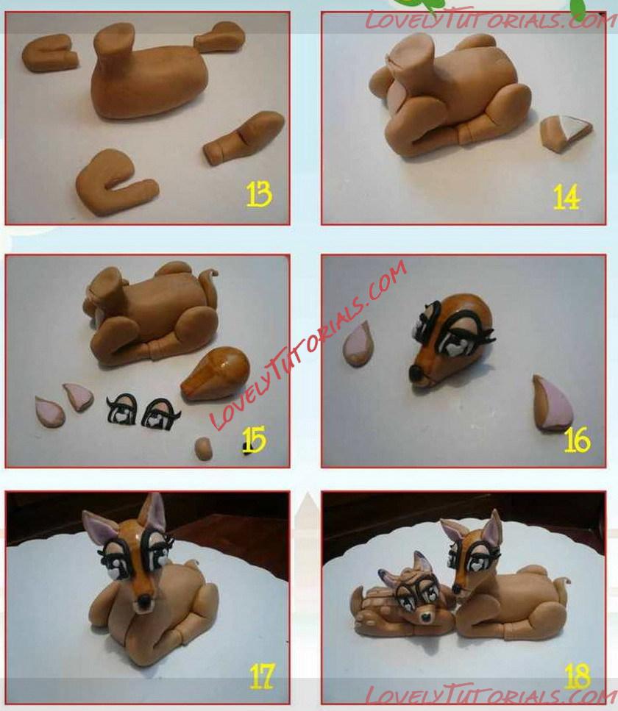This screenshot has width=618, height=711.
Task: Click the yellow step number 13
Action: pyautogui.click(x=259, y=195)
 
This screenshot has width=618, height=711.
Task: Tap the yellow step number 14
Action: pyautogui.click(x=566, y=197)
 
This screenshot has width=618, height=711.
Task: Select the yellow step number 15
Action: pyautogui.click(x=254, y=440)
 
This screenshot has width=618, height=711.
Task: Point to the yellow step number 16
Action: pyautogui.click(x=577, y=440)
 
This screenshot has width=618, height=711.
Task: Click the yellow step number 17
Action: pyautogui.click(x=262, y=676)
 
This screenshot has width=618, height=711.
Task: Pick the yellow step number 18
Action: pyautogui.click(x=577, y=676)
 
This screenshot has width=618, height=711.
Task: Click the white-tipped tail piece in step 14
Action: pyautogui.click(x=566, y=132)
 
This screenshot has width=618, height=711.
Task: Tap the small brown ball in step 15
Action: pyautogui.click(x=203, y=449)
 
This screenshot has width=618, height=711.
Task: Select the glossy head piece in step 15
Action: pyautogui.click(x=216, y=374)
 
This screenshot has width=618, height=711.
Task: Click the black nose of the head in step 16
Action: pyautogui.click(x=416, y=374)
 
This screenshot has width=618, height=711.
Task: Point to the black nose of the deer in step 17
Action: pyautogui.click(x=144, y=601)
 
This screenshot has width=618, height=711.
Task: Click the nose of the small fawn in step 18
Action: pyautogui.click(x=426, y=617)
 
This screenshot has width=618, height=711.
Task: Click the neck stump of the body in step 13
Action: pyautogui.click(x=113, y=46)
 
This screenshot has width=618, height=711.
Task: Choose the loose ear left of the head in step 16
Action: pyautogui.click(x=358, y=344)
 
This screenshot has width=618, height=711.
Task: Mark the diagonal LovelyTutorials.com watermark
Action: pyautogui.click(x=308, y=345)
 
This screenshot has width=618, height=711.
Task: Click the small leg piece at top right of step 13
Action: pyautogui.click(x=219, y=37)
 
